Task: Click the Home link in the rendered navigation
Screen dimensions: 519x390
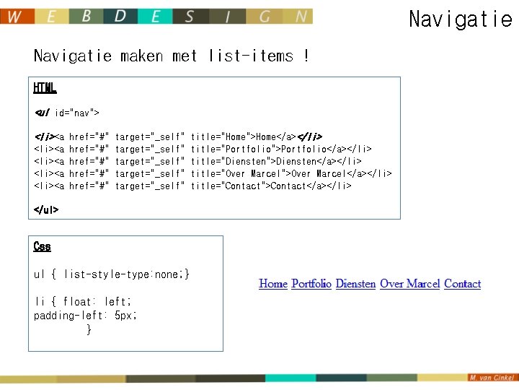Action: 273,284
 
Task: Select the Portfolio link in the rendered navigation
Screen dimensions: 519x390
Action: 311,284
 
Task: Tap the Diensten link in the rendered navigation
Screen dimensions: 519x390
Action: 355,284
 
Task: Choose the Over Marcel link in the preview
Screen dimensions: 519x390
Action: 409,284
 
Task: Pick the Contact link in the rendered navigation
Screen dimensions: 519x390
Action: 462,284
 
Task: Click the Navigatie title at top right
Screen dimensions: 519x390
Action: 460,19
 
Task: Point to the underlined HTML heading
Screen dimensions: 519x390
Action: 45,88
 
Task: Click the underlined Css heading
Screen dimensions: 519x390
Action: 43,246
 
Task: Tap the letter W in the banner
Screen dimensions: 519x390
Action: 16,17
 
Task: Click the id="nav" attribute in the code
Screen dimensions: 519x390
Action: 77,113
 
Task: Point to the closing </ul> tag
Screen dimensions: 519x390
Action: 46,210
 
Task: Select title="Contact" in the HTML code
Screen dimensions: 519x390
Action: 227,186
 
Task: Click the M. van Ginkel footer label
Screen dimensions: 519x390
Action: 492,378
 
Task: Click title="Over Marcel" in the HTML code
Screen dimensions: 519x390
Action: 237,173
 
